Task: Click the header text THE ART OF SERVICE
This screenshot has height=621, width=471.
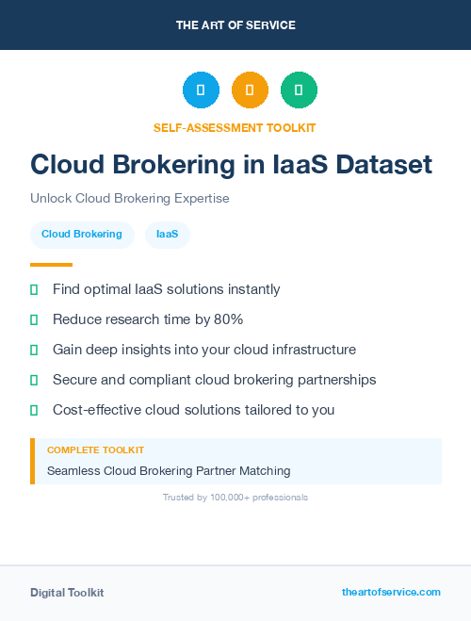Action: (235, 25)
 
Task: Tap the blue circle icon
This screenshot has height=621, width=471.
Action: (201, 90)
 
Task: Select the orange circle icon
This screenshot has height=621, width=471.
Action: (250, 90)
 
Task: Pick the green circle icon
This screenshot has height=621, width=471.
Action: (300, 90)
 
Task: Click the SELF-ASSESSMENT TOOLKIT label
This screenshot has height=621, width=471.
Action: (235, 127)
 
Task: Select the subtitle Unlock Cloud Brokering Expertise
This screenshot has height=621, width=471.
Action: (130, 199)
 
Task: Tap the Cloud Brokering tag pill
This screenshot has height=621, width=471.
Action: (82, 235)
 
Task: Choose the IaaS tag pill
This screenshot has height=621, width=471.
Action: (168, 235)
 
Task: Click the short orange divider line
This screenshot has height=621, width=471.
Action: (51, 265)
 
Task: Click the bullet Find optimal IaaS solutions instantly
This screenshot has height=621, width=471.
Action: (166, 289)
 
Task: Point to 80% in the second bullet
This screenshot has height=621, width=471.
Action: (228, 319)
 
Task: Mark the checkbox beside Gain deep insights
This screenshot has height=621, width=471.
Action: (34, 350)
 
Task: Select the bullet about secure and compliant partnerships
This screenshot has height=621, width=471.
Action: (214, 380)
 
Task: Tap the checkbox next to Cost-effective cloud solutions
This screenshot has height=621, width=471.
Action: (34, 410)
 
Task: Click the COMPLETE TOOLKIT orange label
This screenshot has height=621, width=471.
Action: (95, 451)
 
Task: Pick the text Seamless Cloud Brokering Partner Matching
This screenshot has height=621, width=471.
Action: (169, 470)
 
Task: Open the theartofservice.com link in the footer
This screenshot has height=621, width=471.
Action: (391, 592)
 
